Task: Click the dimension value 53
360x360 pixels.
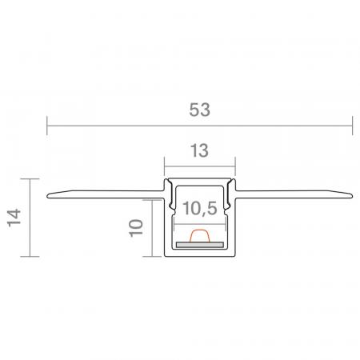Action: [199, 110]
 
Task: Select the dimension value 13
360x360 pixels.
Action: [199, 150]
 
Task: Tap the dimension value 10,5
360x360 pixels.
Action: [200, 208]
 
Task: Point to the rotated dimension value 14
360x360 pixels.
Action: [14, 218]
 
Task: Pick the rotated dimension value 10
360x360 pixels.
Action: [136, 228]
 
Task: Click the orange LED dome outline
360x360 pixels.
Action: [200, 235]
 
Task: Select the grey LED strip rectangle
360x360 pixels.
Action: [200, 245]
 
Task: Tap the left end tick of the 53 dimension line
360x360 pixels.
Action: [47, 126]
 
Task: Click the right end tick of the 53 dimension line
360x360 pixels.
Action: [353, 126]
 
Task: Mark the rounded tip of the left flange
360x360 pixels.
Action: [48, 196]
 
